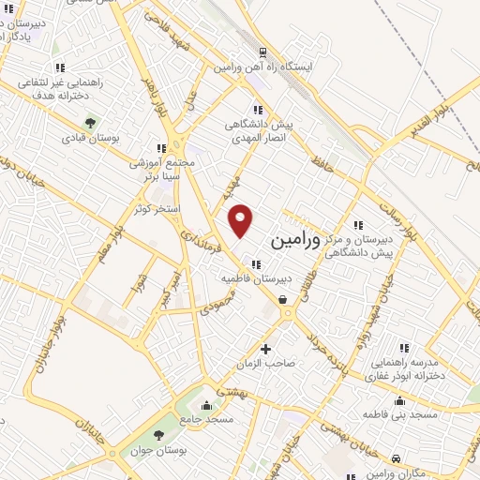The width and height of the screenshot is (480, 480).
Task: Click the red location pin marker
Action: tap(242, 220)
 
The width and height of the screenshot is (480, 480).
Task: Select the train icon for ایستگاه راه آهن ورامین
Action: tap(263, 52)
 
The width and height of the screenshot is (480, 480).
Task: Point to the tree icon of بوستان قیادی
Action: tap(90, 122)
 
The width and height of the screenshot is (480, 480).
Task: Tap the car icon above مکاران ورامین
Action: tap(397, 459)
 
